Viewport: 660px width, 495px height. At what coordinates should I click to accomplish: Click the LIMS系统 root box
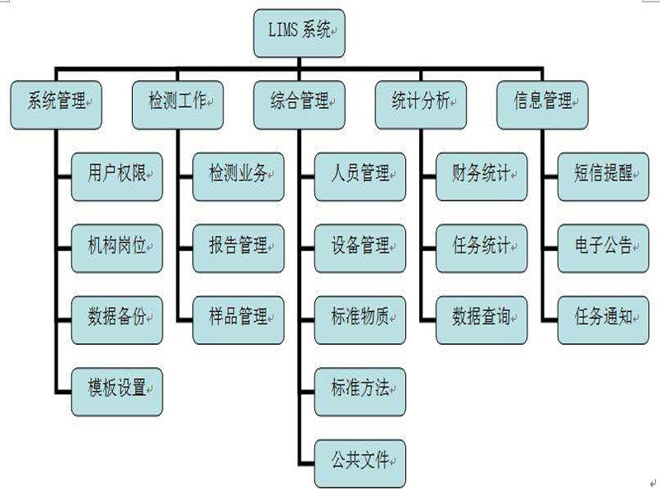(x=299, y=33)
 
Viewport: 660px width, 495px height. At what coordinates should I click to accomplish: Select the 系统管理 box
(x=55, y=104)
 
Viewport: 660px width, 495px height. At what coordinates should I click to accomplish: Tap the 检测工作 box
(x=177, y=104)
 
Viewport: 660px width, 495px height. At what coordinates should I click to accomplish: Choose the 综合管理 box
(x=299, y=104)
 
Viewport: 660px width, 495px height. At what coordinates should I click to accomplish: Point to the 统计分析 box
(x=421, y=104)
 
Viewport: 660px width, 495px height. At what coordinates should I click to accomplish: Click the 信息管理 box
(x=542, y=104)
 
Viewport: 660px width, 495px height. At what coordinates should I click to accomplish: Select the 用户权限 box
(x=116, y=176)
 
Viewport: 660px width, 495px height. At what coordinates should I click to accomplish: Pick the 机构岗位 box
(x=116, y=247)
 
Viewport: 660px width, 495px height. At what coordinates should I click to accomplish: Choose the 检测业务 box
(x=238, y=176)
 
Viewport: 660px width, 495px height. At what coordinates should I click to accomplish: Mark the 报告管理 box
(x=238, y=247)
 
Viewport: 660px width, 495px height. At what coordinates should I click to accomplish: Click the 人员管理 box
(x=360, y=176)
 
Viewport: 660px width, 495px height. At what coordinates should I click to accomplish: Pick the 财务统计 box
(x=482, y=176)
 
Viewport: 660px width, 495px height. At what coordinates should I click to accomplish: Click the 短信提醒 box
(x=603, y=176)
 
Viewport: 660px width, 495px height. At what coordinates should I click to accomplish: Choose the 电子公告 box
(x=603, y=247)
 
